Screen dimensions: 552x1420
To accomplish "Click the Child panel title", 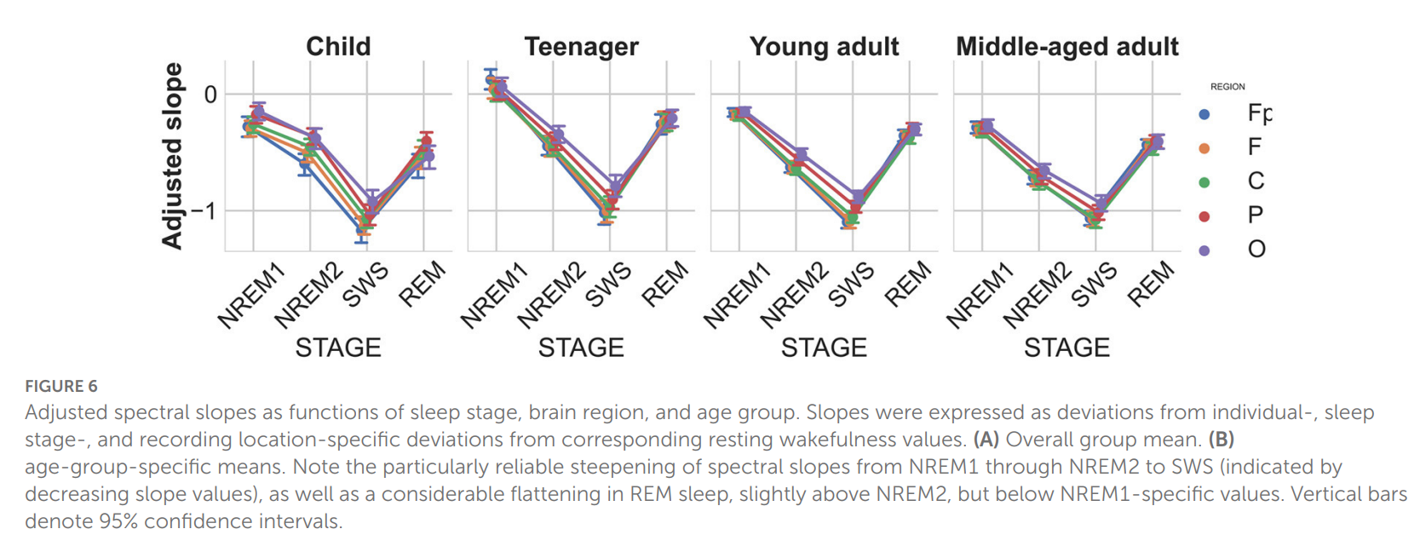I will click(x=338, y=46).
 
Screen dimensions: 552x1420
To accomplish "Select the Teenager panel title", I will click(x=581, y=46).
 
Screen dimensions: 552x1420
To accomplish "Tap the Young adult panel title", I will click(x=824, y=46).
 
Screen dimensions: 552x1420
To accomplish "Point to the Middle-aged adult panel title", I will click(x=1066, y=46).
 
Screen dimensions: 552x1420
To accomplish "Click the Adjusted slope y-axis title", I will click(x=173, y=156).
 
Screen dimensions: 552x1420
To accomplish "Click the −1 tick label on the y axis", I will click(x=204, y=210).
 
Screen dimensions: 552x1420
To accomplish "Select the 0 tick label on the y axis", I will click(x=210, y=95).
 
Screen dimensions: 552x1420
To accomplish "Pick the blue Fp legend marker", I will click(x=1204, y=114).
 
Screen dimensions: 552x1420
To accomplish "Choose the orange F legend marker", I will click(x=1204, y=148).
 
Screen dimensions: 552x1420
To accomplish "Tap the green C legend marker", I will click(x=1204, y=182).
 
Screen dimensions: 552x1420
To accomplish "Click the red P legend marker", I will click(x=1204, y=216).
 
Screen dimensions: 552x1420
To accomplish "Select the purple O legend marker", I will click(x=1204, y=250).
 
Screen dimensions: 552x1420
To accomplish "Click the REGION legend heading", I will click(x=1227, y=87).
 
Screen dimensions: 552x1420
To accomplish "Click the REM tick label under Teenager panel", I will click(x=664, y=285).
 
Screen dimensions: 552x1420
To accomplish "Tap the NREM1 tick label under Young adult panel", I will click(x=737, y=296).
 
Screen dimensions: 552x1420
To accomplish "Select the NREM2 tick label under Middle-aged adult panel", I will click(x=1037, y=296).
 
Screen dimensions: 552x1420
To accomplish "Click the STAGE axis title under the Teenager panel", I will click(x=581, y=348).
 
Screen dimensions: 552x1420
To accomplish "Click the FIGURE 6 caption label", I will click(x=61, y=386).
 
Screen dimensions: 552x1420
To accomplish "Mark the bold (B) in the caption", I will click(x=1222, y=440).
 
